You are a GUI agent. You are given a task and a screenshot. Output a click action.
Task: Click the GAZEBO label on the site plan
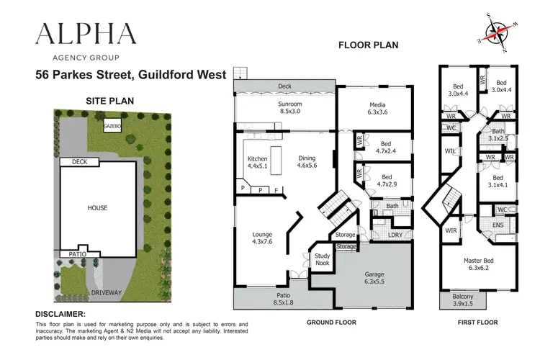pyautogui.click(x=113, y=126)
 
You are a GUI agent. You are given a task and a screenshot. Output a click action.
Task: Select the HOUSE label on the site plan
pyautogui.click(x=97, y=208)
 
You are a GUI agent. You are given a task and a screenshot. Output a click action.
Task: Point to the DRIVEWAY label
pyautogui.click(x=107, y=294)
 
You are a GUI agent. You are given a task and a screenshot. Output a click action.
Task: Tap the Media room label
pyautogui.click(x=377, y=108)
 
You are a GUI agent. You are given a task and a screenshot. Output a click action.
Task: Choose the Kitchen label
pyautogui.click(x=258, y=161)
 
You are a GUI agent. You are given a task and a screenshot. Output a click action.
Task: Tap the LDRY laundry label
pyautogui.click(x=395, y=235)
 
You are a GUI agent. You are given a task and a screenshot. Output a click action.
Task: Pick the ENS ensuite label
pyautogui.click(x=498, y=225)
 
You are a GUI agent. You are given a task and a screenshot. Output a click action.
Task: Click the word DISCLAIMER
pyautogui.click(x=60, y=314)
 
